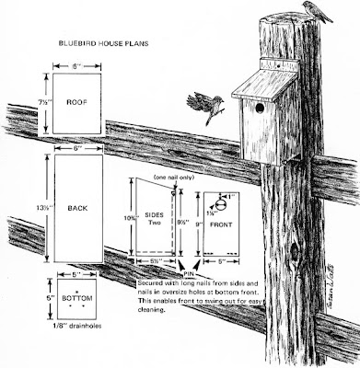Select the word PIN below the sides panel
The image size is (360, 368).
point(190,273)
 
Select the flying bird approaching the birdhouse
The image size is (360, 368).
point(203,101)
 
